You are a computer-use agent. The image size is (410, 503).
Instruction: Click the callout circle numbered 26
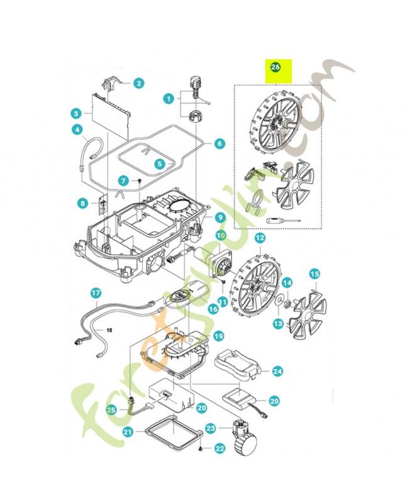coord(275,67)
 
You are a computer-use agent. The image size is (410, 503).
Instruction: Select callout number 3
coord(75,114)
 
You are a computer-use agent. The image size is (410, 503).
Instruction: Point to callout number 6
coord(219,143)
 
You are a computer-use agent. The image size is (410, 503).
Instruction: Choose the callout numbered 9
coord(220,218)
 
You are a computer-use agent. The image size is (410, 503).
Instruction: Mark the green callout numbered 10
coord(221,235)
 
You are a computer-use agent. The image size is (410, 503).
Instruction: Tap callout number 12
coord(259,238)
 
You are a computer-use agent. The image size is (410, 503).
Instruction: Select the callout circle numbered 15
coord(314,274)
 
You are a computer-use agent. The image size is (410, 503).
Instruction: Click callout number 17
coord(95,293)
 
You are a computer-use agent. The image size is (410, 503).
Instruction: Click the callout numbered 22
coord(219,448)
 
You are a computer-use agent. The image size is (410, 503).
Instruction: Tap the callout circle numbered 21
coord(128,433)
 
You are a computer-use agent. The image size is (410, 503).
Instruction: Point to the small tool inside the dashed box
coord(282,221)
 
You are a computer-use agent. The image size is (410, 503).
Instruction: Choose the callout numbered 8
coord(82,203)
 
